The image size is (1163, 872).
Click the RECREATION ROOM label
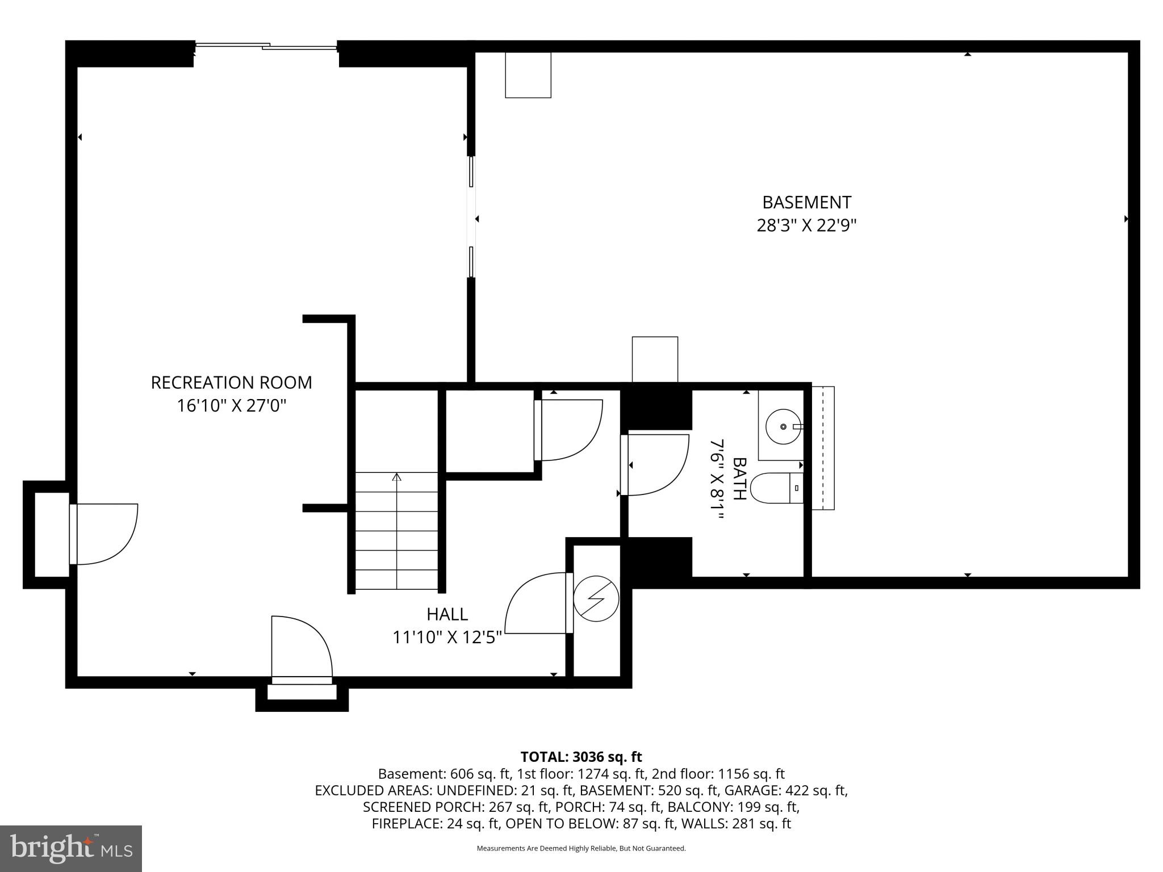coord(231,383)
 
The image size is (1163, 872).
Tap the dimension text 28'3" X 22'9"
coord(806,226)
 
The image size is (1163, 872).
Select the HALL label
coord(447,614)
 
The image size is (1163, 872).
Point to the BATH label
coord(739,479)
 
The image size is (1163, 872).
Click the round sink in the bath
coord(783,426)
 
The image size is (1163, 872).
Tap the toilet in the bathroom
coord(776,488)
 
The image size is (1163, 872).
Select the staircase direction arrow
coord(396,477)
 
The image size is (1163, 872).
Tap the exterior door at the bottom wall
coord(301,648)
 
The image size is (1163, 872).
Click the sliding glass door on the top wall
coord(266,46)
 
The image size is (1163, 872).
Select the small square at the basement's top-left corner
coord(528,75)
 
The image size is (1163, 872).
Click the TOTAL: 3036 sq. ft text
coord(581,757)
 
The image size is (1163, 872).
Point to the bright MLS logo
coord(71,848)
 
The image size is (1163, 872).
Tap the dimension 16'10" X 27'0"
coord(231,406)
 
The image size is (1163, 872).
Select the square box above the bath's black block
coord(655,359)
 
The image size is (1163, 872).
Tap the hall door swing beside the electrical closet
coord(536,603)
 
